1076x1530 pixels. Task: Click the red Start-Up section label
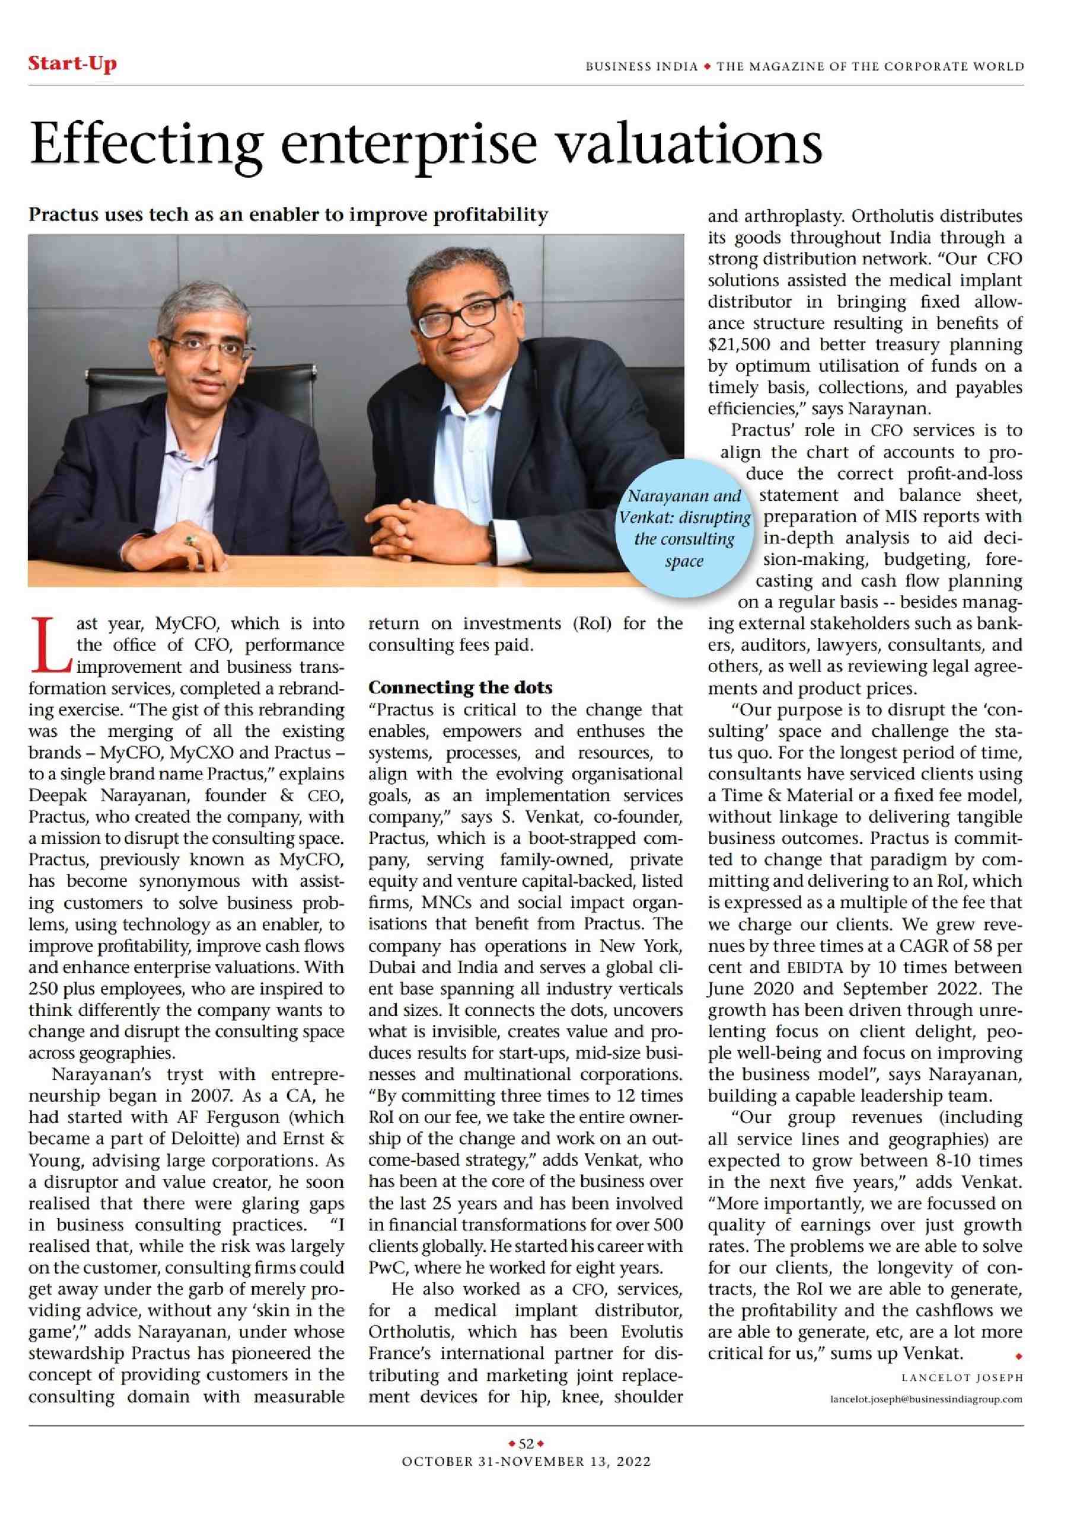[72, 63]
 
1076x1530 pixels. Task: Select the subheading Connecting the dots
[460, 687]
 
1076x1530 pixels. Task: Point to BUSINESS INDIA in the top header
[641, 66]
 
